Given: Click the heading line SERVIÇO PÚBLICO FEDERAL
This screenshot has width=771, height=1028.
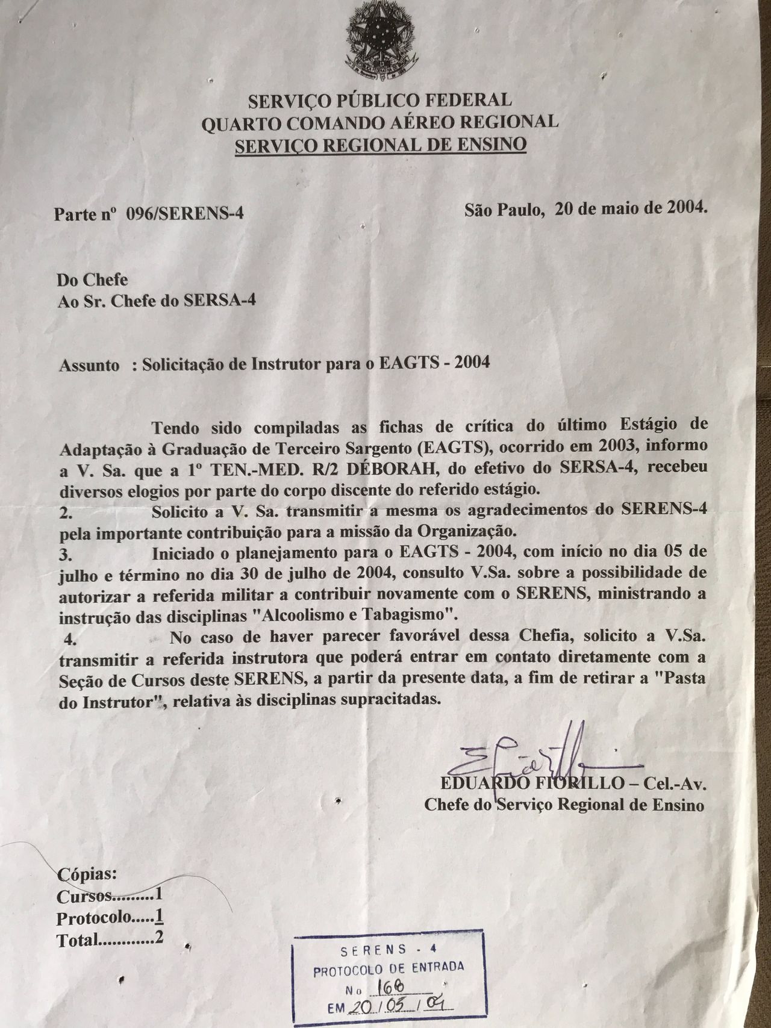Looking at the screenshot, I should tap(380, 99).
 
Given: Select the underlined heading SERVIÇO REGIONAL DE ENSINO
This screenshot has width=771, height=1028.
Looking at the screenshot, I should tap(381, 145).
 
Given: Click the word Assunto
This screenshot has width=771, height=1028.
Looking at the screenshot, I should tap(89, 366).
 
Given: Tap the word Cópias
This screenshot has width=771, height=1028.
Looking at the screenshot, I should tap(83, 873).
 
